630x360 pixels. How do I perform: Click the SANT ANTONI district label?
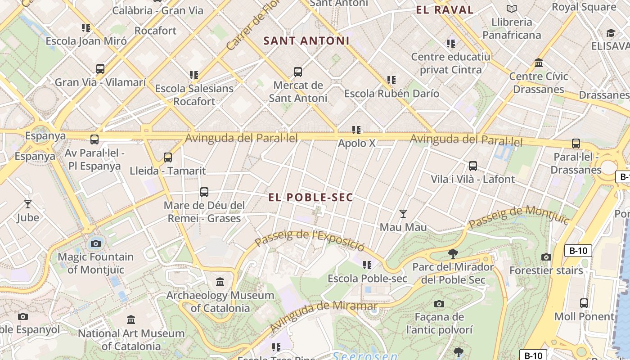(306, 41)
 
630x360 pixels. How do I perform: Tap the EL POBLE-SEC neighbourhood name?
(311, 198)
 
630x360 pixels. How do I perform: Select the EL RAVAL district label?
(445, 10)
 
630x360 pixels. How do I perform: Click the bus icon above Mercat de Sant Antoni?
(297, 72)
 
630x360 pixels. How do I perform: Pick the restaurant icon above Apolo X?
(356, 130)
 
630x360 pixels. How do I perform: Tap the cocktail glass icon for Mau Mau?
(403, 214)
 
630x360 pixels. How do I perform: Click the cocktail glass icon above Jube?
(28, 204)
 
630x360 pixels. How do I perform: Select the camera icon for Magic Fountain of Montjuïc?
(95, 244)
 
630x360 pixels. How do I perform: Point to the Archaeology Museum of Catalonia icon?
(220, 282)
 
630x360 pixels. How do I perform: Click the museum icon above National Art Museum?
(131, 320)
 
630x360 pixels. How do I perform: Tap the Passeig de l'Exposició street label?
(309, 240)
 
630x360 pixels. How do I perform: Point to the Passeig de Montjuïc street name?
(518, 217)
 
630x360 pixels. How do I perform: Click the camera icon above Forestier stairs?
(546, 257)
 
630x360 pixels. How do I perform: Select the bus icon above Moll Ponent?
(584, 303)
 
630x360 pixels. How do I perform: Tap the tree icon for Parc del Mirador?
(453, 254)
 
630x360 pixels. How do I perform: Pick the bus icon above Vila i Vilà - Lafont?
(472, 166)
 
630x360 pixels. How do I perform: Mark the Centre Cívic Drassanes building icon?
(538, 63)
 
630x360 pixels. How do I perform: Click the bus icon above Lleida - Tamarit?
(168, 157)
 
